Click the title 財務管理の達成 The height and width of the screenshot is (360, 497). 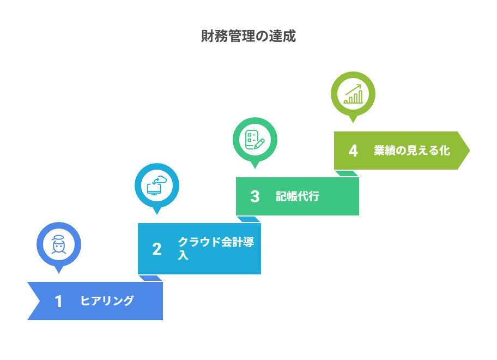[x=248, y=36]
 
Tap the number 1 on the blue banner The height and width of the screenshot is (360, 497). [x=58, y=301]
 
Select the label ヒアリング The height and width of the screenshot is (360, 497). [x=107, y=301]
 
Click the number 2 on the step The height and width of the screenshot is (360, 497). [x=157, y=249]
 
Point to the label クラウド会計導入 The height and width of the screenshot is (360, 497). [x=216, y=248]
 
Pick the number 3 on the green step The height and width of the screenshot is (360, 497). [x=255, y=197]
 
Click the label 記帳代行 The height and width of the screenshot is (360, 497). [x=298, y=196]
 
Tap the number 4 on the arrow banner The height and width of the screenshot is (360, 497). [x=353, y=151]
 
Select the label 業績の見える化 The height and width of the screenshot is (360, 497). [x=412, y=151]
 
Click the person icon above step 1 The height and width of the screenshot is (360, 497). [x=59, y=244]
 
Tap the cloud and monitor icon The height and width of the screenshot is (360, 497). [x=156, y=185]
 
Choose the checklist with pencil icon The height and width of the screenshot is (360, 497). [x=255, y=140]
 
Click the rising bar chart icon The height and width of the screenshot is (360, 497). [x=353, y=94]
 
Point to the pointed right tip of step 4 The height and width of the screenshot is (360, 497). [x=470, y=151]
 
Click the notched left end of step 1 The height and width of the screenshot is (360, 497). [x=40, y=301]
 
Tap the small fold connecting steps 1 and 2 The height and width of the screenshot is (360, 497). [x=150, y=278]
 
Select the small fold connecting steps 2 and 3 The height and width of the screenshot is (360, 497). [x=248, y=219]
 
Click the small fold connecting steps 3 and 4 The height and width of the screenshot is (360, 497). [x=347, y=173]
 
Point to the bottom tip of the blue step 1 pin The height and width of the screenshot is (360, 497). [x=59, y=273]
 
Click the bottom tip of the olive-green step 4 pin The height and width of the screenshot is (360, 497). [x=353, y=122]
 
